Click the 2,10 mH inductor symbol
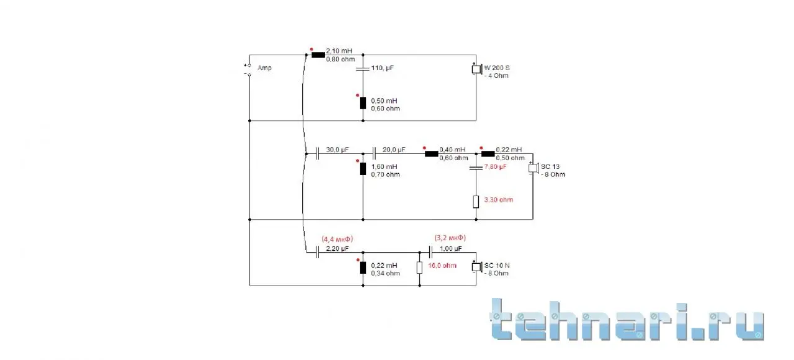coord(318,55)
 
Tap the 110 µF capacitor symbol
coord(363,68)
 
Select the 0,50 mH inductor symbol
coord(363,103)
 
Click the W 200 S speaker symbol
coord(477,69)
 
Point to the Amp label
coord(264,68)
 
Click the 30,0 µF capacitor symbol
coord(317,154)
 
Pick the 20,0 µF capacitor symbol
coord(374,154)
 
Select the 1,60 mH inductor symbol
coord(363,169)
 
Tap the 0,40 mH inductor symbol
coord(431,154)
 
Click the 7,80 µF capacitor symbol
coord(476,168)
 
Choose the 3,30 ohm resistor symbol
coord(476,202)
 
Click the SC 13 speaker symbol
coord(533,168)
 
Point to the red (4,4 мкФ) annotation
coord(337,239)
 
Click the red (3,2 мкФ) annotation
coord(450,238)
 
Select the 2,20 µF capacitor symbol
coord(317,253)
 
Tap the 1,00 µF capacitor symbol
coord(430,253)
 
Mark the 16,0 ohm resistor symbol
coord(419,268)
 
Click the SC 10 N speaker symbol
coord(477,267)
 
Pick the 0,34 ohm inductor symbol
coord(363,268)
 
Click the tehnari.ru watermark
coord(627,320)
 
